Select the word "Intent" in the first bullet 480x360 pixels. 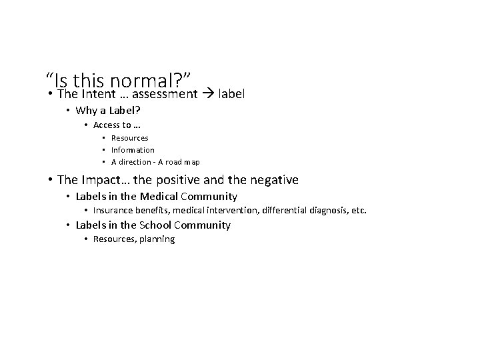pyautogui.click(x=99, y=94)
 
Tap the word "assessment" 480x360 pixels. pyautogui.click(x=165, y=94)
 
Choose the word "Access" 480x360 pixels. pyautogui.click(x=106, y=125)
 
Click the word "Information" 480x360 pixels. pyautogui.click(x=133, y=150)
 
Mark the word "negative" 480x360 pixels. pyautogui.click(x=274, y=180)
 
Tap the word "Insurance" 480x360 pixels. pyautogui.click(x=113, y=211)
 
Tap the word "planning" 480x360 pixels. pyautogui.click(x=157, y=239)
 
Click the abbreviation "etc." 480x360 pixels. pyautogui.click(x=358, y=211)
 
